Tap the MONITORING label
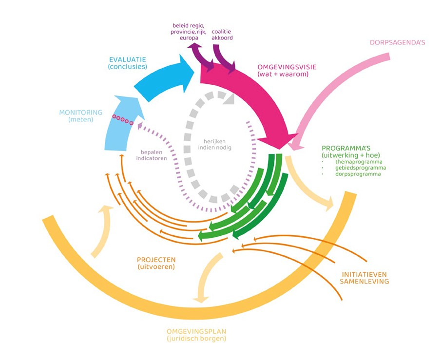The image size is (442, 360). tap(81, 113)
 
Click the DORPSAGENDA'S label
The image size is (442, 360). tap(397, 42)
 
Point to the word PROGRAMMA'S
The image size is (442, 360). tap(345, 148)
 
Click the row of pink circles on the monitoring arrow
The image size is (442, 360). tap(122, 119)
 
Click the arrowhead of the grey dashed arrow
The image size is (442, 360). tap(228, 99)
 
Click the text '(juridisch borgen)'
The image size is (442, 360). tap(196, 339)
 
